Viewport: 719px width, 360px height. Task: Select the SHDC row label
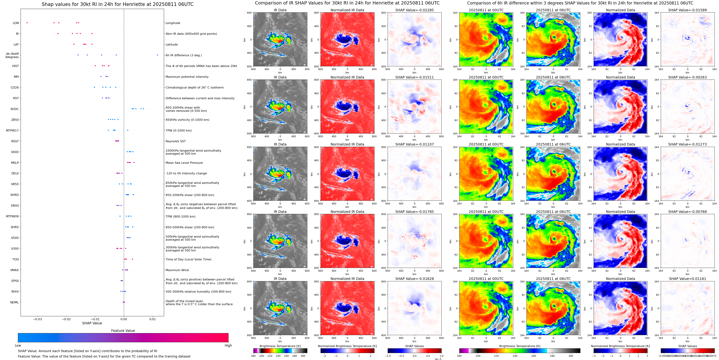tap(15, 109)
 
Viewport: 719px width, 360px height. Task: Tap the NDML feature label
tap(15, 302)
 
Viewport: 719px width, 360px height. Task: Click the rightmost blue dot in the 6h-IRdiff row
tap(157, 55)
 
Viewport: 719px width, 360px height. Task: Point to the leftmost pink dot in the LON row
tap(27, 23)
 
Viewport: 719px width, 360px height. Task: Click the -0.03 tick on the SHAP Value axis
tap(37, 319)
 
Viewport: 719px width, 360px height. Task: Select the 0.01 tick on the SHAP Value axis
tap(152, 319)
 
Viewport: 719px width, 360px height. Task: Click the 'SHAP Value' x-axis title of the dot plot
tap(92, 323)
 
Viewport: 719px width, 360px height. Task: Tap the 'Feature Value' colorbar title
tap(123, 331)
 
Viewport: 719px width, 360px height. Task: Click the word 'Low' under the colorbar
tap(18, 345)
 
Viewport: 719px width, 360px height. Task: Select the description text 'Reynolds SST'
tap(175, 141)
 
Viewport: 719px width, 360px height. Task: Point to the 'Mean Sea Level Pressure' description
tap(184, 163)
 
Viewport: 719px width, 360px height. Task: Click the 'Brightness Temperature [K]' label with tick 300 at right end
tap(520, 346)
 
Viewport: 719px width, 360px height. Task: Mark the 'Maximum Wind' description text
tap(177, 270)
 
